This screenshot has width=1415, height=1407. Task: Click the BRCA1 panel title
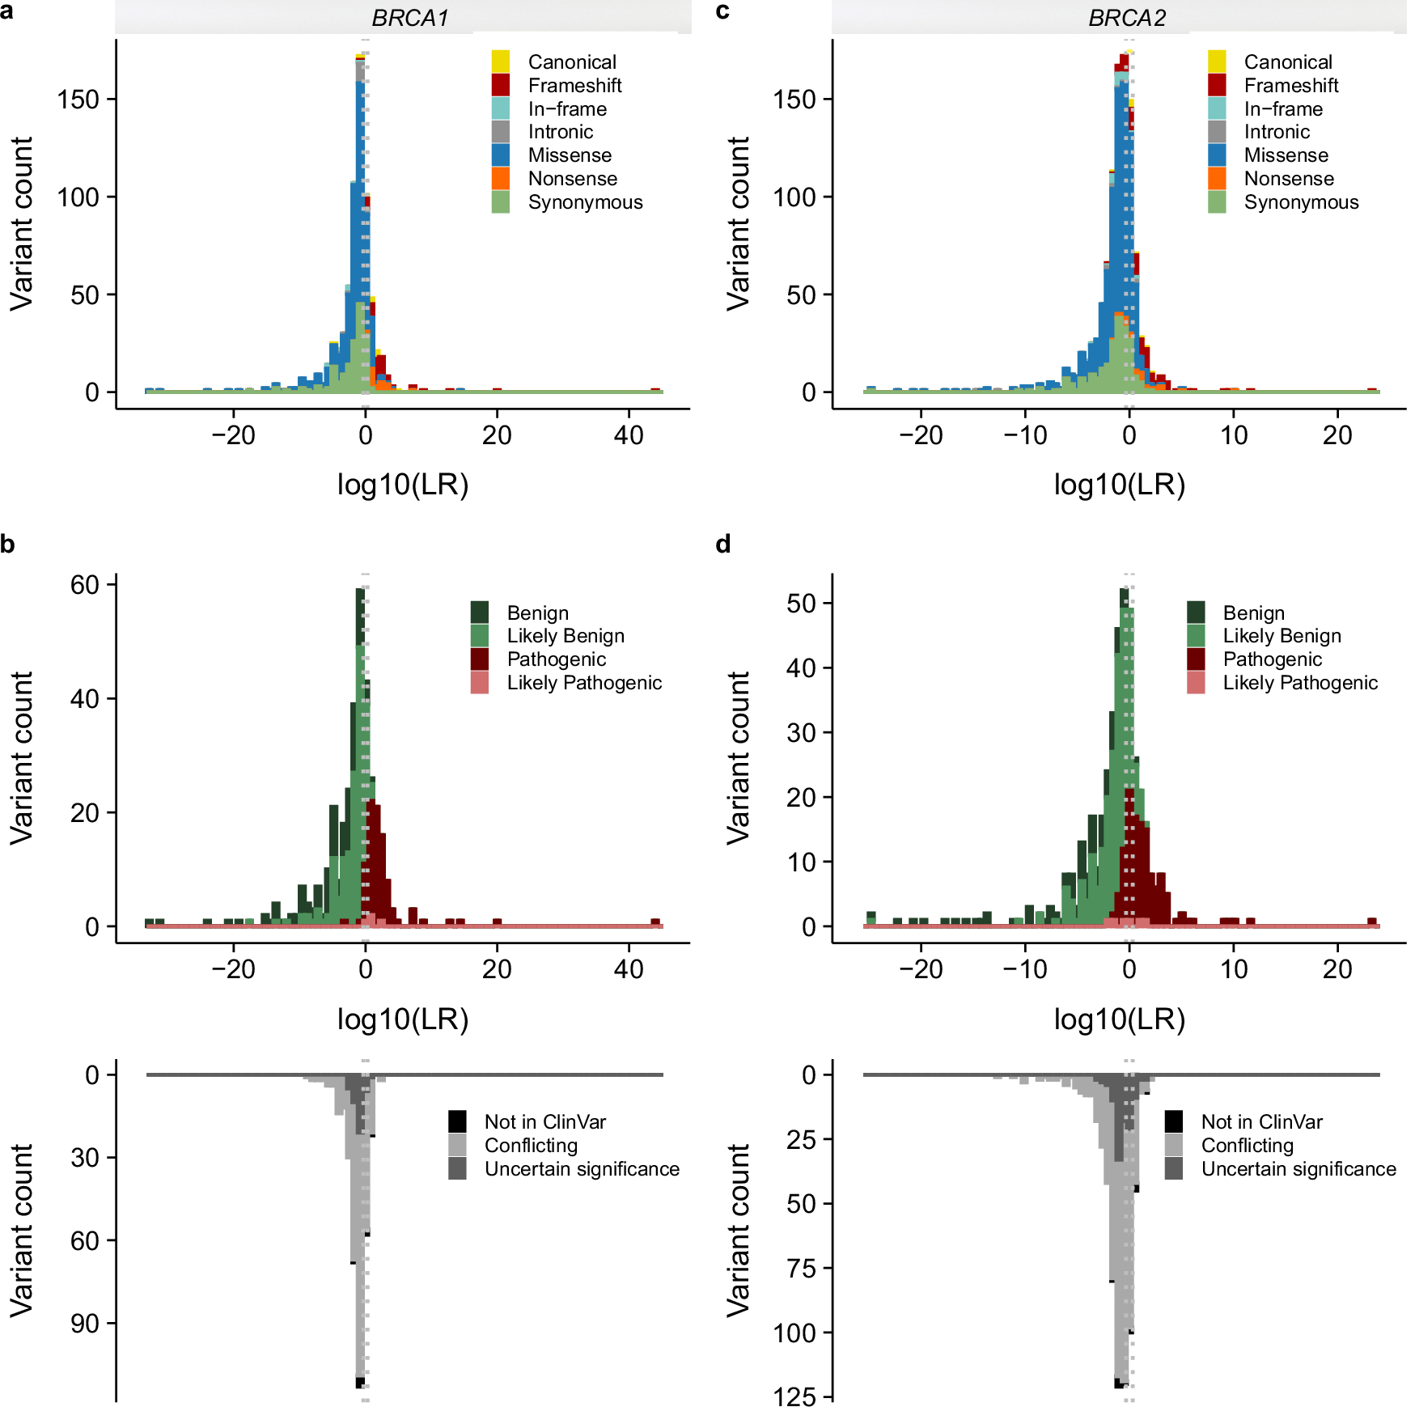[409, 18]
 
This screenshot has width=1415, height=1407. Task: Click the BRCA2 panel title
[1126, 18]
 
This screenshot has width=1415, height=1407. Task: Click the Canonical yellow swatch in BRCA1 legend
[501, 61]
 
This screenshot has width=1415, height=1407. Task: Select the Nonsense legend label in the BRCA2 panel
[1289, 179]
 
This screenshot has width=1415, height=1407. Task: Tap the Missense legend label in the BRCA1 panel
[570, 155]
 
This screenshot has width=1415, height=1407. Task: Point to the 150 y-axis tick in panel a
[78, 100]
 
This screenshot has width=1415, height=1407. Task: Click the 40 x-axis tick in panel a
[629, 435]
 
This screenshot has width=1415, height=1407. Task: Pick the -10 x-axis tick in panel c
[1024, 435]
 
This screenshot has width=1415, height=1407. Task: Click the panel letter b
[8, 545]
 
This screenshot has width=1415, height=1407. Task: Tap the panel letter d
[723, 545]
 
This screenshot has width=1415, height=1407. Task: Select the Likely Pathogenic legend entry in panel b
[584, 683]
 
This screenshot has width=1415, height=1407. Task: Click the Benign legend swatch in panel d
[1196, 612]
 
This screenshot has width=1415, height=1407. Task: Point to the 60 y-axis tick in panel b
[84, 585]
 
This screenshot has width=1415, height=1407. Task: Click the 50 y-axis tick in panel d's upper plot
[801, 604]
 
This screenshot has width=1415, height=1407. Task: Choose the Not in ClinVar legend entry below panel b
[544, 1122]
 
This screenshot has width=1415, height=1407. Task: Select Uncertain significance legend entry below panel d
[1298, 1169]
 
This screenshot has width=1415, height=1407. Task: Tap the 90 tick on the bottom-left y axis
[84, 1324]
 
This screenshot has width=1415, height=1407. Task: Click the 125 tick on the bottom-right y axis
[794, 1396]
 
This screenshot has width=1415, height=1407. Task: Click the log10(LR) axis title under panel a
[403, 485]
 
